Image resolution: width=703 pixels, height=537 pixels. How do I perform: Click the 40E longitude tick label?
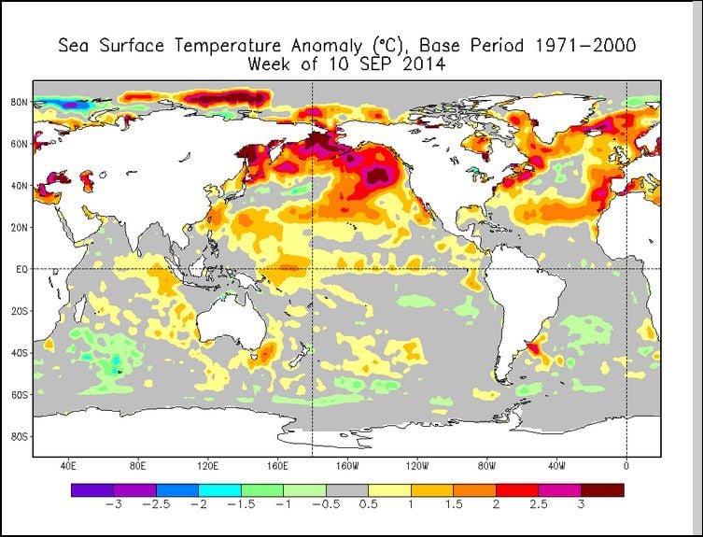click(67, 464)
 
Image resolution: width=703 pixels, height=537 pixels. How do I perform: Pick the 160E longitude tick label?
click(277, 464)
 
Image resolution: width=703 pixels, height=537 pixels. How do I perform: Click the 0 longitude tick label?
click(626, 464)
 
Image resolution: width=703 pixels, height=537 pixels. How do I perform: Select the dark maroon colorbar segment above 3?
click(602, 489)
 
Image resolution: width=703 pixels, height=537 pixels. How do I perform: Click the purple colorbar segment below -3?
click(92, 489)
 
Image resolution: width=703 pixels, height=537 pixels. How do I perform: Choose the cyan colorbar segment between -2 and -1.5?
click(219, 489)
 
